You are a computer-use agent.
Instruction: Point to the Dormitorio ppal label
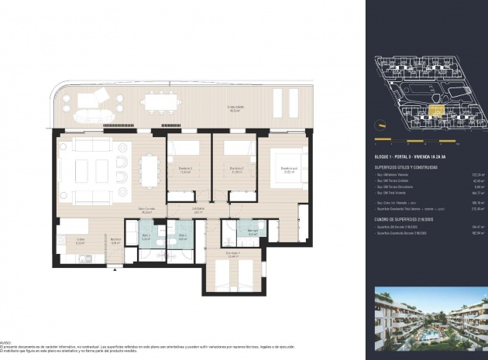pyautogui.click(x=289, y=169)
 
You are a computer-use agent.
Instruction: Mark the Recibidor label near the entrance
pyautogui.click(x=115, y=240)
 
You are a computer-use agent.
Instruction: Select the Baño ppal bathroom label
pyautogui.click(x=253, y=231)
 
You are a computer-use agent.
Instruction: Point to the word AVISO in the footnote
pyautogui.click(x=6, y=339)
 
